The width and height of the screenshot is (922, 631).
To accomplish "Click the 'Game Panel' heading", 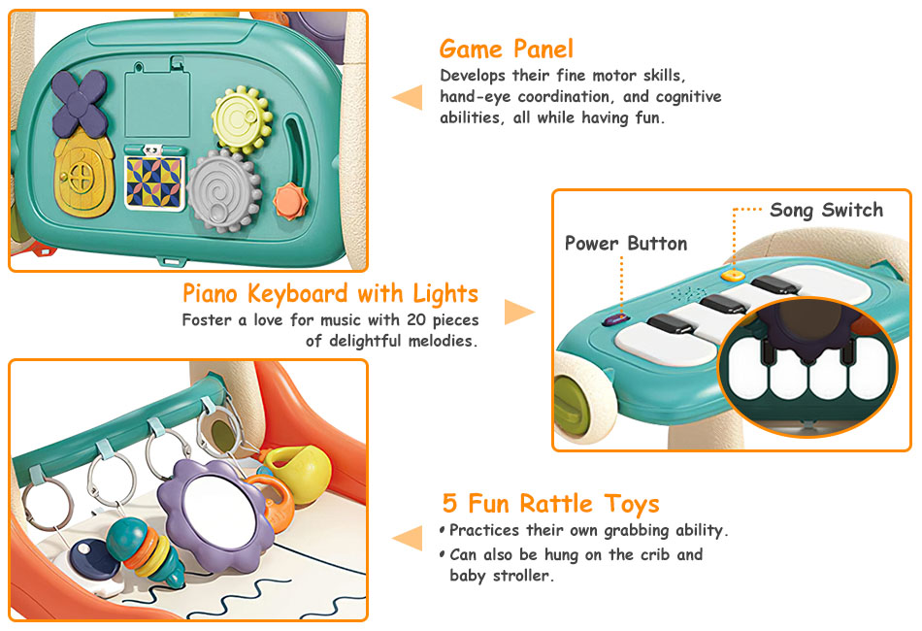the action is [x=506, y=50].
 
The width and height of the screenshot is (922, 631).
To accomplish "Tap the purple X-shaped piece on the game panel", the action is [x=80, y=103].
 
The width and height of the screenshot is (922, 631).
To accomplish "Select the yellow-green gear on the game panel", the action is [x=243, y=119].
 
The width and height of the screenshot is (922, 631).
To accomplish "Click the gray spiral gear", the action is [x=224, y=190].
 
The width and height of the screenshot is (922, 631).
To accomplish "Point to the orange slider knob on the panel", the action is [x=290, y=201].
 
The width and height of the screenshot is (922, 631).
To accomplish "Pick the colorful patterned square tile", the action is [x=154, y=183].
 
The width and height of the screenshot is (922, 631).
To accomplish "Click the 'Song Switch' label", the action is [x=826, y=210].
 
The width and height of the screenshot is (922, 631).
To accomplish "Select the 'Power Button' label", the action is [x=626, y=244].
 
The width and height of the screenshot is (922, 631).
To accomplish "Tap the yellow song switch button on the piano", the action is [x=733, y=274].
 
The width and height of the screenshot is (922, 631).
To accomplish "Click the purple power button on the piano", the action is [x=615, y=319].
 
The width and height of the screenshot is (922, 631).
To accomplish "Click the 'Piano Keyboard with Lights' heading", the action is [x=330, y=294].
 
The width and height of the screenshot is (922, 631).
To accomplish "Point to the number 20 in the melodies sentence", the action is [x=416, y=320].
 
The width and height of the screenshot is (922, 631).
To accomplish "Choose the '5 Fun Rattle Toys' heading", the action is [x=550, y=504].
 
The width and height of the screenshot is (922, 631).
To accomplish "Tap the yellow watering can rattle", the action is [x=299, y=471].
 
